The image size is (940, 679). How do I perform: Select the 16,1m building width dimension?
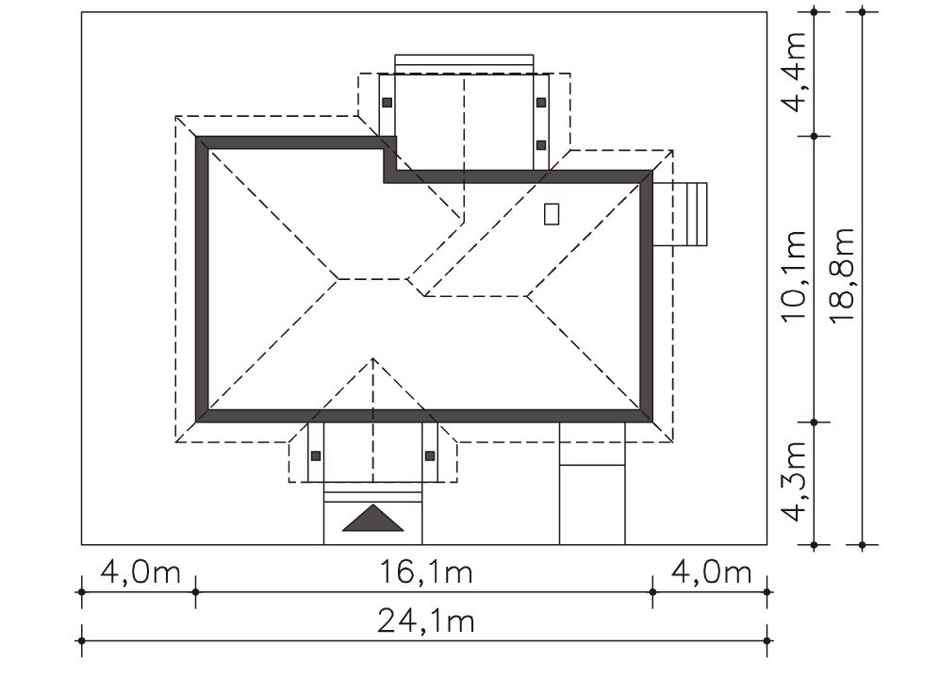pos(426,571)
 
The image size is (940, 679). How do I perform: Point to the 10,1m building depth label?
pos(794,276)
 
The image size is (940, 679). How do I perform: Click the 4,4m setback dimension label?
pos(794,72)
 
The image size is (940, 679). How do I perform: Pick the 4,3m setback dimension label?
pos(794,482)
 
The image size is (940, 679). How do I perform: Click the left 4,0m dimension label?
pos(140,571)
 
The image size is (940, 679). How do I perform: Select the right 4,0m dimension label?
pos(711,571)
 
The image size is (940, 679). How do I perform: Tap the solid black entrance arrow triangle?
pos(372,519)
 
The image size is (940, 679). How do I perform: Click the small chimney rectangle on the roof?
pos(552,214)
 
